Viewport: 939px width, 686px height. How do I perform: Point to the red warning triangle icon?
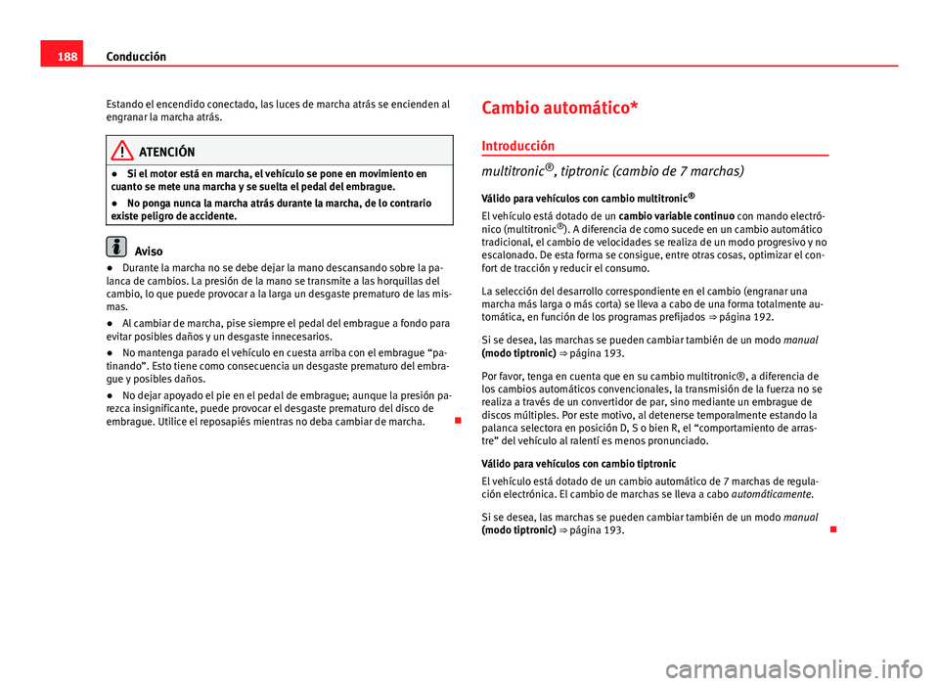[x=122, y=152]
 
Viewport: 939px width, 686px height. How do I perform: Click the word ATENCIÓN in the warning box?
[x=166, y=153]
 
